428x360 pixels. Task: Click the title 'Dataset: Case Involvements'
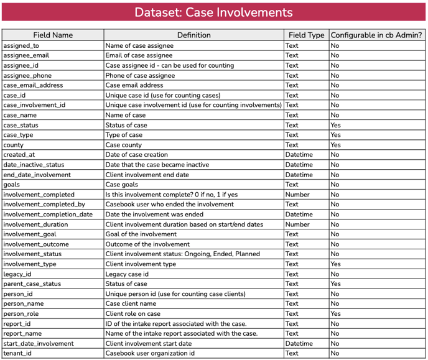pos(213,13)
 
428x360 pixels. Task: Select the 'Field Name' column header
pos(53,35)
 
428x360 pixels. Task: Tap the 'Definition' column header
pos(193,35)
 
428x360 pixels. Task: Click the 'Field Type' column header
pos(306,35)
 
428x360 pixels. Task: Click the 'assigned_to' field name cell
pos(21,45)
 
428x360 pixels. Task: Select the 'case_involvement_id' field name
pos(34,105)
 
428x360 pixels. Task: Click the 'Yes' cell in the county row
pos(336,145)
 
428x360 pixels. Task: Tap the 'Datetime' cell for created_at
pos(299,155)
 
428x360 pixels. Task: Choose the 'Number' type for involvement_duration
pos(297,224)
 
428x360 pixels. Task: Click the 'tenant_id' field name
pos(17,353)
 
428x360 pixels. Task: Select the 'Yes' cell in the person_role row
pos(336,313)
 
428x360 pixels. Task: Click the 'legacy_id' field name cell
pos(17,274)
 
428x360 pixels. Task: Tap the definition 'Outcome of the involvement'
pos(148,244)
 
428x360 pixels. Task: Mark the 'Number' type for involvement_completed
pos(297,195)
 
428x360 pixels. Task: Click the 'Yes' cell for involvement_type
pos(336,264)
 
